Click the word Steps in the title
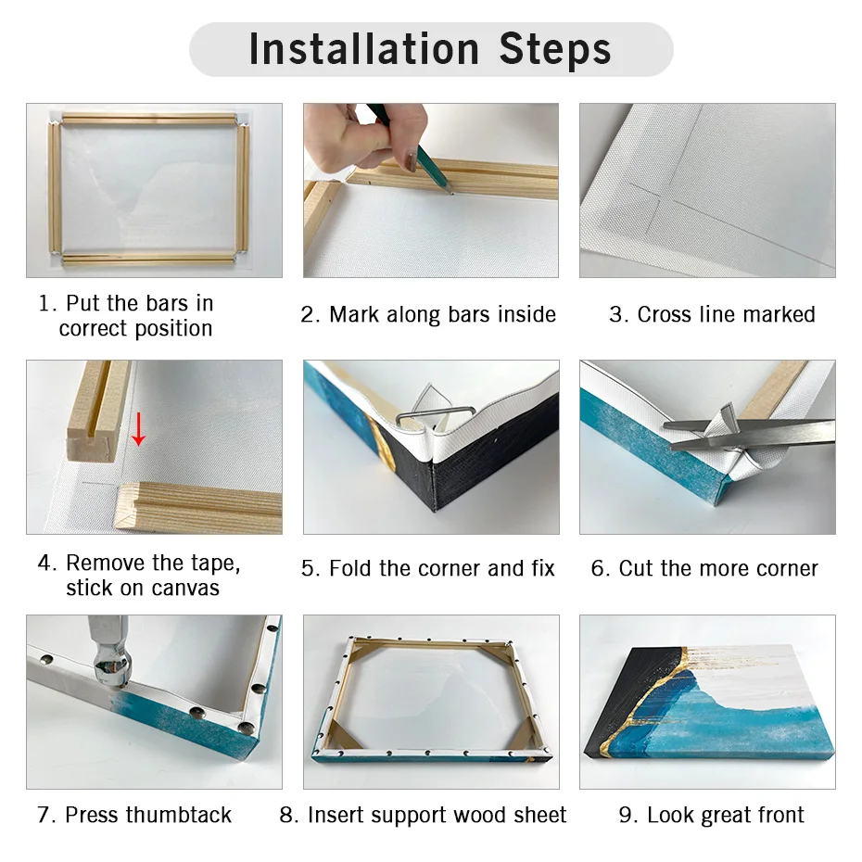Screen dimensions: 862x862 coord(555,49)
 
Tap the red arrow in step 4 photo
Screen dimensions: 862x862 coord(138,428)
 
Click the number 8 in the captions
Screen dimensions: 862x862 coord(287,816)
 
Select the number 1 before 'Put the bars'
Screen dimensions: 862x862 coord(43,303)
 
